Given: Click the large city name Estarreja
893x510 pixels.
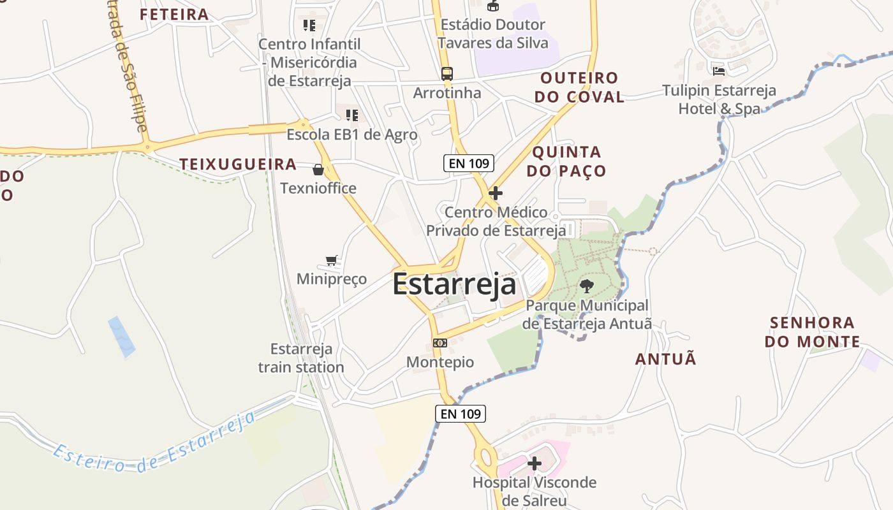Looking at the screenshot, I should pyautogui.click(x=454, y=284).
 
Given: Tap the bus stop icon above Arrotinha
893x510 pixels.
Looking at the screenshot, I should pyautogui.click(x=447, y=73).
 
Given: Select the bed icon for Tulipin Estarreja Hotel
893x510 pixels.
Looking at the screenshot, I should pyautogui.click(x=719, y=71).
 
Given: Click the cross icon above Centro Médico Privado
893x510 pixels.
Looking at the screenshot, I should pyautogui.click(x=495, y=193).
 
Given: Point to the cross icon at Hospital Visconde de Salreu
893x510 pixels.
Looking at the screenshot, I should pyautogui.click(x=535, y=463).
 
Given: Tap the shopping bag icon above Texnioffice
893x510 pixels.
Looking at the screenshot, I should pyautogui.click(x=318, y=170).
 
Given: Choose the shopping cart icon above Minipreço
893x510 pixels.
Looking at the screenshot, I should pyautogui.click(x=331, y=260).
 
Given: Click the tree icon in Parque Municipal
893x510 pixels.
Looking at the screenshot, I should pyautogui.click(x=586, y=286).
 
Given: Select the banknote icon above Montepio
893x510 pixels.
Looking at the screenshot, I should pyautogui.click(x=439, y=343).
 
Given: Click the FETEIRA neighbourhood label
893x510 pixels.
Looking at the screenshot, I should pyautogui.click(x=174, y=14).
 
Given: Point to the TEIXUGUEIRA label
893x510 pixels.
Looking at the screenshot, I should pyautogui.click(x=238, y=164).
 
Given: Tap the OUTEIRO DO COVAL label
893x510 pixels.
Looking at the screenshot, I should pyautogui.click(x=579, y=87).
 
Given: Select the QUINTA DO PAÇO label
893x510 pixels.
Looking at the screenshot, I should pyautogui.click(x=567, y=161).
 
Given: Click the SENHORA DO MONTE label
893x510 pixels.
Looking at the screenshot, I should pyautogui.click(x=812, y=332).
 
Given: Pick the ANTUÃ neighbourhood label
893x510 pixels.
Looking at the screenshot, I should pyautogui.click(x=666, y=359).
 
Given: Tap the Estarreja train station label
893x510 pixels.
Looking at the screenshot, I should pyautogui.click(x=301, y=358).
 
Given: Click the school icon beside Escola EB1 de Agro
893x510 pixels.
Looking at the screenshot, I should pyautogui.click(x=351, y=115).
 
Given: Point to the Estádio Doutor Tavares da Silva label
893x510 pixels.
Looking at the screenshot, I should pyautogui.click(x=494, y=34).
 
